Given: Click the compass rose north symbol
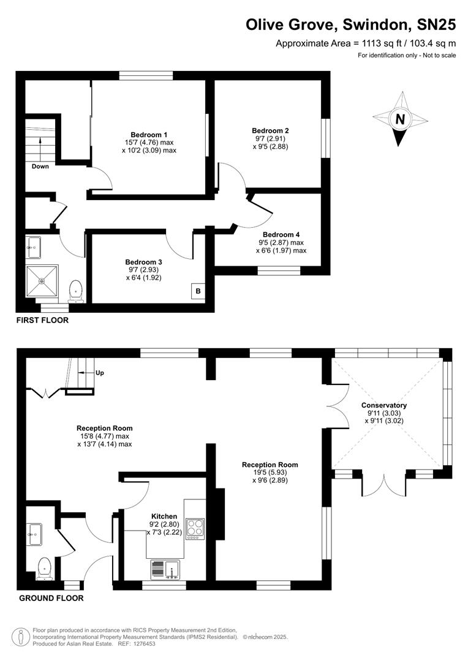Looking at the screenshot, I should point(400,120).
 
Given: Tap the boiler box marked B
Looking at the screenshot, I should point(198,291).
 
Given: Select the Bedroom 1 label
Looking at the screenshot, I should point(149,135).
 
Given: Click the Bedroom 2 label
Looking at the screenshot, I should point(270,130).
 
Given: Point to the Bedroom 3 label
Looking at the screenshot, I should point(143,261).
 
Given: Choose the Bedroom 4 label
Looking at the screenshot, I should point(281,234).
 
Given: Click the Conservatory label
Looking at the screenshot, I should point(384,405).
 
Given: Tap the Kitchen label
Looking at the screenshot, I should point(164,517).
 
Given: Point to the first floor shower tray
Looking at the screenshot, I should point(42,281).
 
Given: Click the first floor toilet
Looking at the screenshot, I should point(76,291).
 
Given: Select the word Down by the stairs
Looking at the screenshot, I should point(40,166).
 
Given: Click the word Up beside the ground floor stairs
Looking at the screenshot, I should point(100,372).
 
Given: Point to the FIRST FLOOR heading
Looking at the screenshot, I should point(42,320).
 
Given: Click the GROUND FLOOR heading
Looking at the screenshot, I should point(51,598).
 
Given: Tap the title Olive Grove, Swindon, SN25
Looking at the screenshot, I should point(351,24).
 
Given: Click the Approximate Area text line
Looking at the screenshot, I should point(366,43).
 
